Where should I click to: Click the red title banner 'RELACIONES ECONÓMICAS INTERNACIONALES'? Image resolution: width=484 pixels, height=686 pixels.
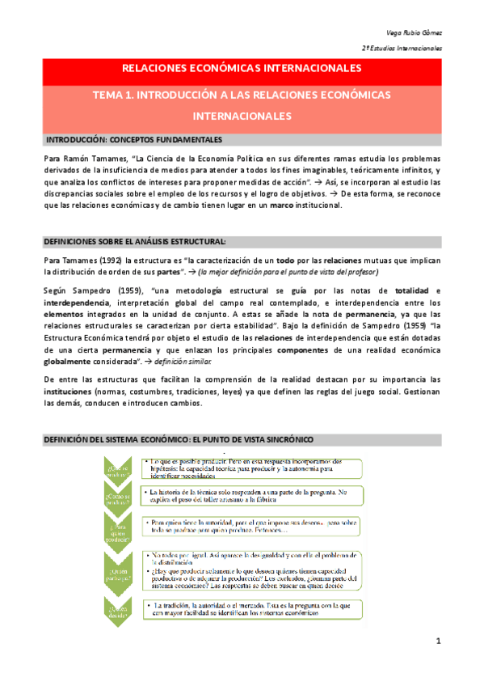[x=242, y=68]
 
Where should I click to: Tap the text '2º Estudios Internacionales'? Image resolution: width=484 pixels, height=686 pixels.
[x=402, y=49]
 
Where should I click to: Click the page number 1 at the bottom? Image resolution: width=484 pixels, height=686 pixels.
[x=437, y=642]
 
